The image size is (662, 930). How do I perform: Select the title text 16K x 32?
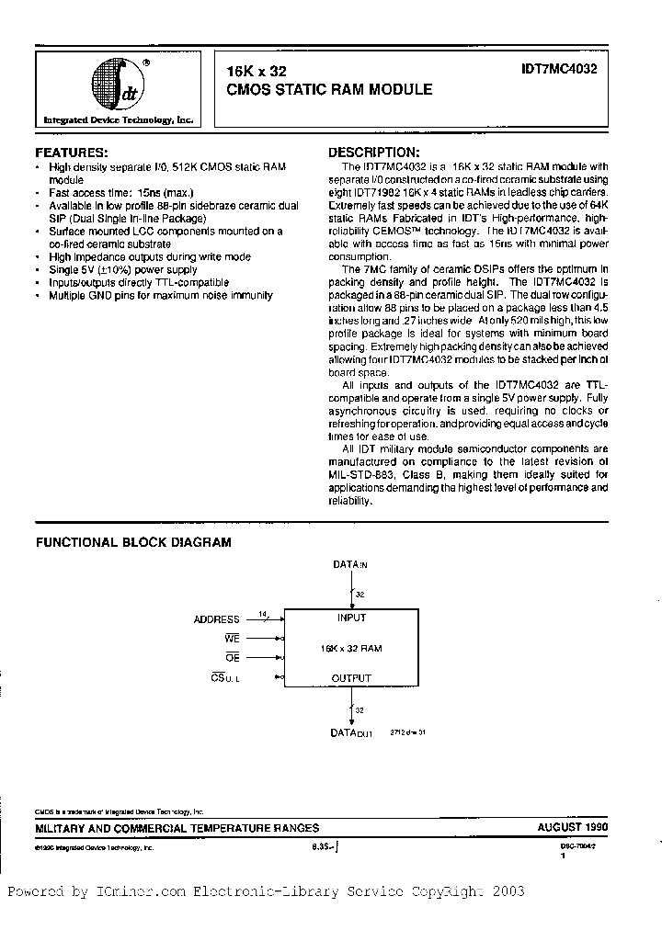(257, 70)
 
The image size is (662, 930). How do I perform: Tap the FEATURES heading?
(72, 152)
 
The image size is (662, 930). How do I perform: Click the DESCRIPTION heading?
(374, 152)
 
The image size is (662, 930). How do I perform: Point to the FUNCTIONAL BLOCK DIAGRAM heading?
(133, 542)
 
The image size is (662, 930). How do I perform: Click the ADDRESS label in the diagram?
(216, 619)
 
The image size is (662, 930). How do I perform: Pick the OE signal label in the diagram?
(232, 657)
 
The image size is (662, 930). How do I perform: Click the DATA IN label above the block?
(350, 565)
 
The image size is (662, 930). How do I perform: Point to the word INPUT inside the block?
(350, 618)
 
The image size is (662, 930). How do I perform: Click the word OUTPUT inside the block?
(350, 678)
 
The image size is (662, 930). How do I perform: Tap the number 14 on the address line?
(264, 613)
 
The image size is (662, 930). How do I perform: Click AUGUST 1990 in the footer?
(573, 827)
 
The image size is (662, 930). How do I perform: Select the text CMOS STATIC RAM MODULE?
(329, 90)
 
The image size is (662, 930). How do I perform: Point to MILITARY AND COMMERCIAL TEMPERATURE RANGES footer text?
(177, 827)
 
